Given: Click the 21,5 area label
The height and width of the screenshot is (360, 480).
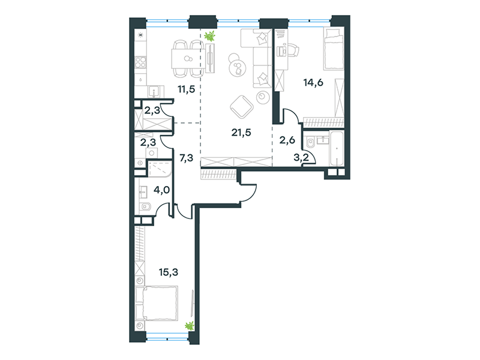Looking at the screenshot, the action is pyautogui.click(x=241, y=133).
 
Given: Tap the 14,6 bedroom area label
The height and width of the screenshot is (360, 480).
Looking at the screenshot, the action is pyautogui.click(x=313, y=82).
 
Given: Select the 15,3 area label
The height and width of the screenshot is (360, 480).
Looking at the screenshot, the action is pyautogui.click(x=169, y=272).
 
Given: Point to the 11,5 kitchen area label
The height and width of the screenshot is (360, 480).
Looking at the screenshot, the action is pyautogui.click(x=186, y=89).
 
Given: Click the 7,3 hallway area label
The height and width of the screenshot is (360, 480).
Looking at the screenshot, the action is pyautogui.click(x=186, y=158).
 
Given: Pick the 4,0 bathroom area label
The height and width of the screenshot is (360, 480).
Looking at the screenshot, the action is pyautogui.click(x=161, y=190).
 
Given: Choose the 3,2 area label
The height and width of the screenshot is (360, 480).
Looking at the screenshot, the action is pyautogui.click(x=301, y=158).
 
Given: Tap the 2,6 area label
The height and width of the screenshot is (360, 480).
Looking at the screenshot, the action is pyautogui.click(x=287, y=140).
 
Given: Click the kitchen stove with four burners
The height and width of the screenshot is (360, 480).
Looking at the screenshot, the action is pyautogui.click(x=141, y=62).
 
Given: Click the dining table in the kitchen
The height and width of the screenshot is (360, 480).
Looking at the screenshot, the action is pyautogui.click(x=187, y=59).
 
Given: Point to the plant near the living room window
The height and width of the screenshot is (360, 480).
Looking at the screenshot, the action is pyautogui.click(x=209, y=36).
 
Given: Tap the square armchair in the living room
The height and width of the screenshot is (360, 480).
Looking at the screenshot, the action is pyautogui.click(x=242, y=107).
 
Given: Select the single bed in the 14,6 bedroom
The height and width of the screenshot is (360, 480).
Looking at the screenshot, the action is pyautogui.click(x=334, y=49).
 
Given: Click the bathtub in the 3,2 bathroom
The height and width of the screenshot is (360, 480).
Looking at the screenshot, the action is pyautogui.click(x=337, y=148).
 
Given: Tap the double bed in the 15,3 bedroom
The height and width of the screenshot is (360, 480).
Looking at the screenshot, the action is pyautogui.click(x=157, y=304).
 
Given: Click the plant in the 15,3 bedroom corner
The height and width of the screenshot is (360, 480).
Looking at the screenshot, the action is pyautogui.click(x=190, y=326).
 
